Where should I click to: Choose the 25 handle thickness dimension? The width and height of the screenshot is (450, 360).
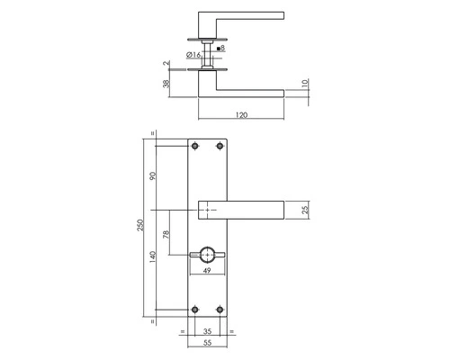(308, 210)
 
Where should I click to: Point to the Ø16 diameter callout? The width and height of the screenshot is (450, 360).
(192, 55)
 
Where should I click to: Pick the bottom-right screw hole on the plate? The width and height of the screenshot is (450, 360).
(221, 310)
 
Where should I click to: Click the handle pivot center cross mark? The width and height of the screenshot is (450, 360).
(210, 210)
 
